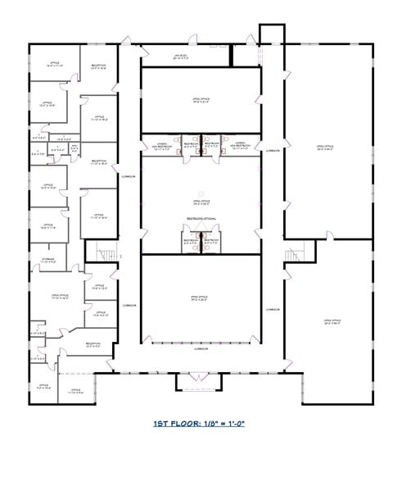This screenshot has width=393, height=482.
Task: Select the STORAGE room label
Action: [x=49, y=261]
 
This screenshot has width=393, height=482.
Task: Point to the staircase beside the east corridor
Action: [x=296, y=256]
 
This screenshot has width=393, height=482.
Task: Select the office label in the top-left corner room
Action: [x=54, y=63]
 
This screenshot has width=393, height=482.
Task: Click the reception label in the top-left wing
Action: [x=98, y=66]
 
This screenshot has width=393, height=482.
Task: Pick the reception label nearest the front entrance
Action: [x=93, y=344]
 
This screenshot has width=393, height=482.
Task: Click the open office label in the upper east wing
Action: [x=326, y=148]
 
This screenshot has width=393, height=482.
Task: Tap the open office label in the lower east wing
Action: [x=332, y=321]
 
